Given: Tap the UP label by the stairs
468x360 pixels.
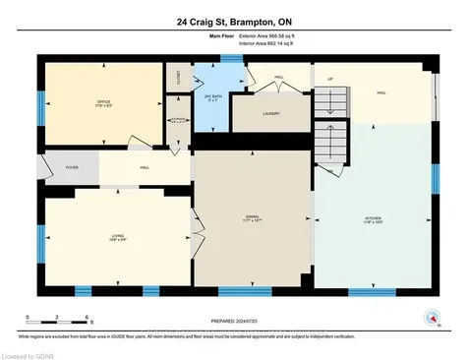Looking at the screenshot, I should pos(330,79).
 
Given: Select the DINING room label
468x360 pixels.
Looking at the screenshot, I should pos(252,219).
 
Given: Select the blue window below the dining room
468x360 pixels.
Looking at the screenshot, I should pos(244,291).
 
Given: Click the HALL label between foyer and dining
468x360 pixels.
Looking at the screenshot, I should pos(145,168).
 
